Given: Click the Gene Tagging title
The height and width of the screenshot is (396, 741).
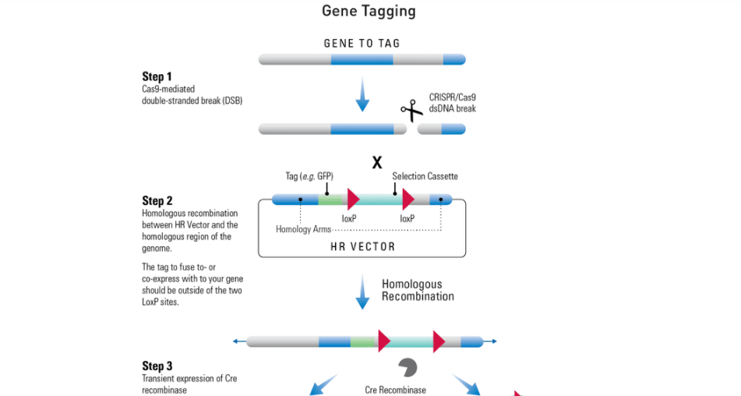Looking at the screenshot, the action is click(x=369, y=11).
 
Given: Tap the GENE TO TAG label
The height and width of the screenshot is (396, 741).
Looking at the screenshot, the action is click(x=362, y=44).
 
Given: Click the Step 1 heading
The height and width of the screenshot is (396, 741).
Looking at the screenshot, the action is click(x=157, y=76).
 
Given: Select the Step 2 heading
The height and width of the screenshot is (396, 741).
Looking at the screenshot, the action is click(x=157, y=201).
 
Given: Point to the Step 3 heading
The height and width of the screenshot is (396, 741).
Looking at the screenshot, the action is click(x=157, y=366).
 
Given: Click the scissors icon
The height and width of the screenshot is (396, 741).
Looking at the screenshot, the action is click(x=411, y=111).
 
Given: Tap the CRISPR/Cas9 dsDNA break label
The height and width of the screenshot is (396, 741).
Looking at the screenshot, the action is click(x=452, y=103).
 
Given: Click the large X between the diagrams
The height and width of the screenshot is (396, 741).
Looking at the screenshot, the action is click(x=376, y=163).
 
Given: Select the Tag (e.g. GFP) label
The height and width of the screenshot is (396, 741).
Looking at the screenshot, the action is click(x=309, y=176).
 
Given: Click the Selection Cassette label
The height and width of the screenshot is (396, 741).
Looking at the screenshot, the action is click(x=425, y=176).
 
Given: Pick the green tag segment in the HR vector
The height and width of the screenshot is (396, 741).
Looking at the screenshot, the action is click(x=330, y=200).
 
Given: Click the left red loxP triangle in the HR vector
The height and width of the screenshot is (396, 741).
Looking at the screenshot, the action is click(x=353, y=199).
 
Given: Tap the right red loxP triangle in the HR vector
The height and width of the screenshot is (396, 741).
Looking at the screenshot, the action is click(x=408, y=199).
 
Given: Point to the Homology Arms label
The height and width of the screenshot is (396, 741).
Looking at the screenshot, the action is click(x=303, y=230).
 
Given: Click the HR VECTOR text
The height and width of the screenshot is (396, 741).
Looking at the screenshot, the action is click(x=362, y=246).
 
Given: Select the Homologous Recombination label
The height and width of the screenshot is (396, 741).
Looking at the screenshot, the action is click(x=418, y=290).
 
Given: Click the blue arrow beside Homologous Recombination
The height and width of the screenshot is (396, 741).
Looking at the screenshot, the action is click(x=362, y=292).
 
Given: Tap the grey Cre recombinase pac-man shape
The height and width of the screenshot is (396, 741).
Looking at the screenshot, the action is click(x=408, y=367).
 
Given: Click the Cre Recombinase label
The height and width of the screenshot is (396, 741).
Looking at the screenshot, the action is click(x=396, y=390).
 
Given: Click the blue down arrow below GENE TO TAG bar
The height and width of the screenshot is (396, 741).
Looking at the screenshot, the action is click(x=362, y=94).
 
